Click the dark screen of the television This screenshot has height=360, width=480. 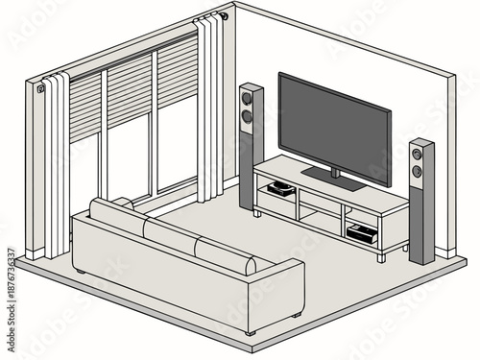pos(334,128)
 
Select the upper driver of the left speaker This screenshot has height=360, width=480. pos(247,98)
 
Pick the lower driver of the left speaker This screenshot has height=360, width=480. pos(247,117)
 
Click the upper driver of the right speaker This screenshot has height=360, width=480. pos(417,154)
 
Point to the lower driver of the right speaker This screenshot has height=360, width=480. pos(417,171)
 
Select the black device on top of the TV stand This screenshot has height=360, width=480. pos(279,188)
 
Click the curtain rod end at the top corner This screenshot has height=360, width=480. pos(222,15)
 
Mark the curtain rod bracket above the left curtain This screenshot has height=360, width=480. pos(41,88)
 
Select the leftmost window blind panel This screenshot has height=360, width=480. pos(85,105)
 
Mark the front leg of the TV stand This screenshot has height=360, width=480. pos(381,256)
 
